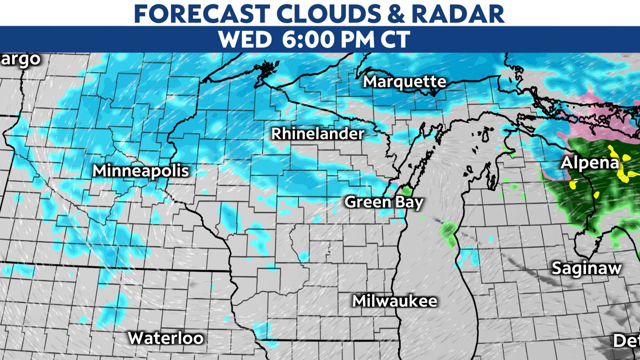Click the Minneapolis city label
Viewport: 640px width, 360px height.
click(x=141, y=171)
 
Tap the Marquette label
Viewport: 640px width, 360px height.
click(x=404, y=81)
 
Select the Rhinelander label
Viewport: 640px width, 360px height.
click(x=317, y=134)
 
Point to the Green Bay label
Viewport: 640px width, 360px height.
click(x=384, y=202)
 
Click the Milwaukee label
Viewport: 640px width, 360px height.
click(x=394, y=301)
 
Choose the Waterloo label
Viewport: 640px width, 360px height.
click(x=165, y=338)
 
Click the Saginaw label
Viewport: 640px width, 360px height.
click(x=586, y=268)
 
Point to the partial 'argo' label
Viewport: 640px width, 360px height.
click(x=20, y=59)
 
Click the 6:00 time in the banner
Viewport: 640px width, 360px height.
click(x=309, y=39)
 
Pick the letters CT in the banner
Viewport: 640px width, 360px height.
click(x=395, y=39)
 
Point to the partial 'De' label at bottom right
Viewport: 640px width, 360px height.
click(x=627, y=341)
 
